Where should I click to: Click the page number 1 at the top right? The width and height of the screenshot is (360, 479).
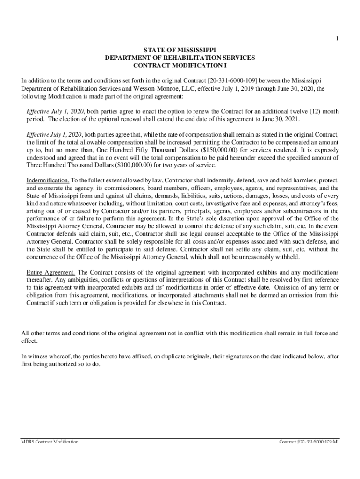[x=337, y=39]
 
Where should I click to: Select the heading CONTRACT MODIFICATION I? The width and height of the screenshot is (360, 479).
[x=180, y=65]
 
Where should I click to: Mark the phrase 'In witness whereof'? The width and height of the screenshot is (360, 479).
[x=45, y=356]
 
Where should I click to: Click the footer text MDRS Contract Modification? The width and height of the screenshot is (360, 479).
[x=50, y=442]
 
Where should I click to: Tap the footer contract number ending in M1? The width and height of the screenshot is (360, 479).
[x=309, y=442]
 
